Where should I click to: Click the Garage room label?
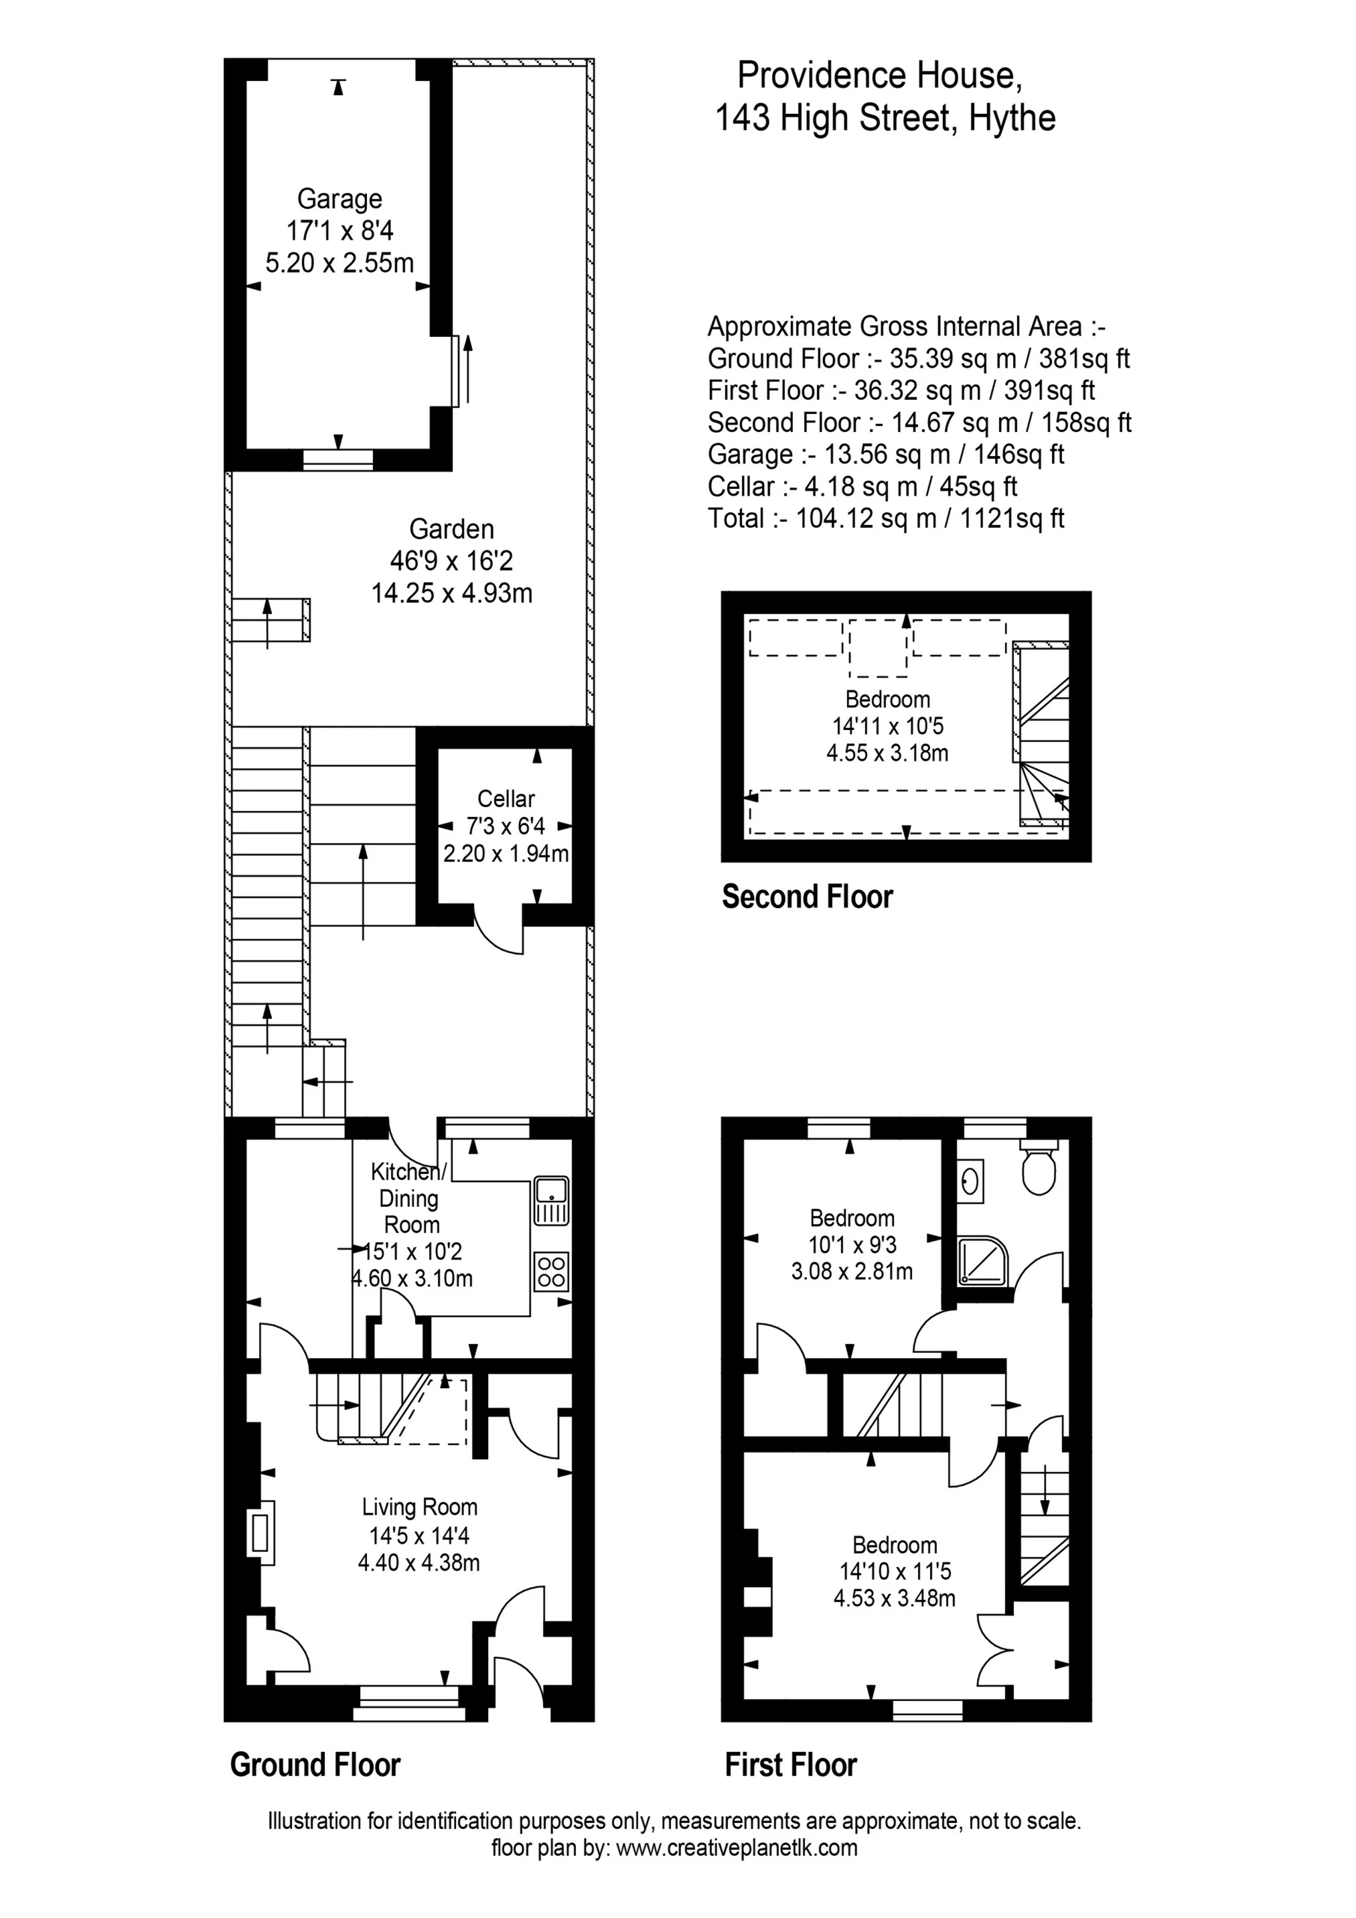coord(340,199)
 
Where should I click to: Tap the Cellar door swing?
coord(500,936)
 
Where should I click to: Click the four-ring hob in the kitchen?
coord(551,1272)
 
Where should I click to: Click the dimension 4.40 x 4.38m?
coord(419,1562)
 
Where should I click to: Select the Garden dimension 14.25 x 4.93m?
coord(451,593)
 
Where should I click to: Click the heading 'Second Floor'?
coord(807,896)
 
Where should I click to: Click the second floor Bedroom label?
coord(887,699)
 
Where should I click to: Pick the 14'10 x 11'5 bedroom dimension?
coord(895,1571)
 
